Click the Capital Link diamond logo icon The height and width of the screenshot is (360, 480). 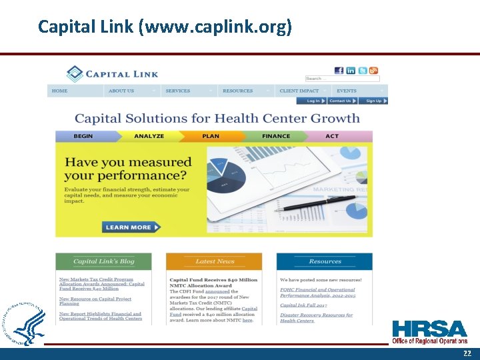[75, 74]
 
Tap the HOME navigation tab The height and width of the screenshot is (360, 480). [60, 91]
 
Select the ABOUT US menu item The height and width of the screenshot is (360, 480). [121, 91]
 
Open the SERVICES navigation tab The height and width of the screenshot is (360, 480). [178, 91]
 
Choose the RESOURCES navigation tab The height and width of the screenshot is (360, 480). [238, 91]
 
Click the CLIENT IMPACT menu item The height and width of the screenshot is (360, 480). [299, 91]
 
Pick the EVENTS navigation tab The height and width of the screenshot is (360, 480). [347, 91]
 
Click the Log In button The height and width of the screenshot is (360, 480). [313, 101]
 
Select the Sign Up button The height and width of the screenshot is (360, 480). [373, 101]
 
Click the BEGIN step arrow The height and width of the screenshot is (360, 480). [85, 136]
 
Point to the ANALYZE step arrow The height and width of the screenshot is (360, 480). [149, 136]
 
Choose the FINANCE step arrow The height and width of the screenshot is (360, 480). [276, 136]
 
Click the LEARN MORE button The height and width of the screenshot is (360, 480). [131, 227]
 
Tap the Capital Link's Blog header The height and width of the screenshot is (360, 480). [103, 261]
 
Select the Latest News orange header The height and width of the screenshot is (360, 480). [214, 261]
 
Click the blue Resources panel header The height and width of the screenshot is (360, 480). [325, 261]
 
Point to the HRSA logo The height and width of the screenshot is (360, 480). [429, 332]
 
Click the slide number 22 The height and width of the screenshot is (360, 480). [467, 353]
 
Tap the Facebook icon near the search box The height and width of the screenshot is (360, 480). [339, 71]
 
